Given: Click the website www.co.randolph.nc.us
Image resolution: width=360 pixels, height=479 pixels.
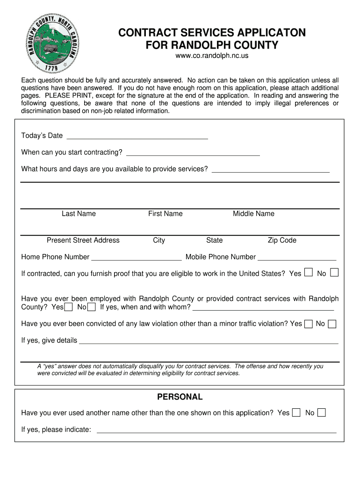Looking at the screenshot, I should point(212,56).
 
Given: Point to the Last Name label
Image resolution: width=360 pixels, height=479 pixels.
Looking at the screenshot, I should point(79,214).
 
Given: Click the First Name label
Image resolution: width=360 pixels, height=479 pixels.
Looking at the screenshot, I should point(166,214).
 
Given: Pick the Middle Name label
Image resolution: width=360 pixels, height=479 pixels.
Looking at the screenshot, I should point(253,214).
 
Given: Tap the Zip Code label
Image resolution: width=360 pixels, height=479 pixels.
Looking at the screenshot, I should point(282,240).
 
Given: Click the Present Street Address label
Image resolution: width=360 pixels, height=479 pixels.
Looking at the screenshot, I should point(83,240).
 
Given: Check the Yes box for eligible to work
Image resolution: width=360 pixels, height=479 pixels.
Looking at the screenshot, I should point(309,272).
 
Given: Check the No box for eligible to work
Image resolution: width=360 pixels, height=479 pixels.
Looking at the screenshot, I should point(334,272).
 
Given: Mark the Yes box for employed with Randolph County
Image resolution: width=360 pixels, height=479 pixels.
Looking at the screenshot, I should point(69,307).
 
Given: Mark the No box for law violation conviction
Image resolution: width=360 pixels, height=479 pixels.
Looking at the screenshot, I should point(332,324).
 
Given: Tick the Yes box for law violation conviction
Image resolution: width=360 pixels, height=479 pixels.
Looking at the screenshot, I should point(309,324).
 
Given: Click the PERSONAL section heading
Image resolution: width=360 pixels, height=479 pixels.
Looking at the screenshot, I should point(180,397).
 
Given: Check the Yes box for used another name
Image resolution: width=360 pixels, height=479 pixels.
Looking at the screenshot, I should point(296,413).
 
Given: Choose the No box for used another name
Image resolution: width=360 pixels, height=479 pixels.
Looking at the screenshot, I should point(322,413).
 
